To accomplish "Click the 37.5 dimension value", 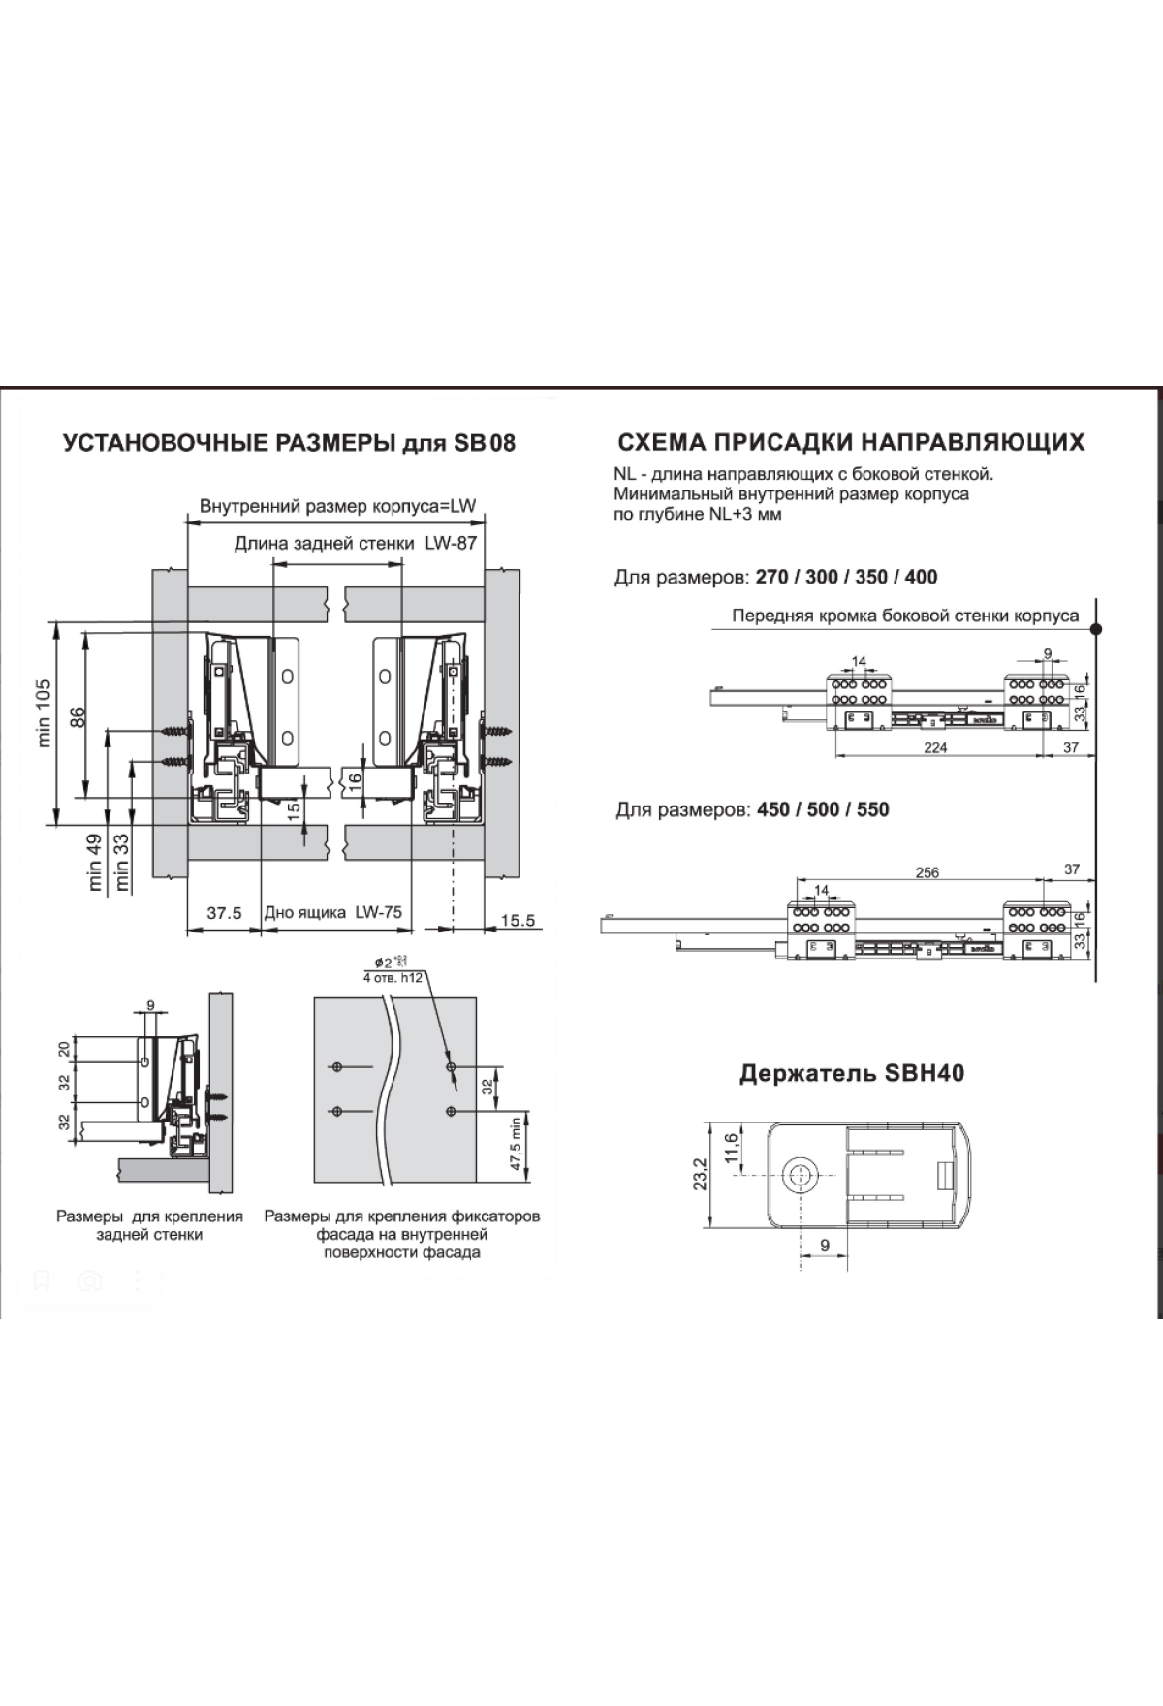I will (224, 912).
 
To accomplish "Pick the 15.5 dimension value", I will (518, 920).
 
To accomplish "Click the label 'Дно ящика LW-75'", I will (332, 912).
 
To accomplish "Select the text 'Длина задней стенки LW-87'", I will (355, 544).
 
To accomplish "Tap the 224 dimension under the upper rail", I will (935, 747).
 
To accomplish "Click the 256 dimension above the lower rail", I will (927, 872).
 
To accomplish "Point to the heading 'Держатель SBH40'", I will (851, 1073).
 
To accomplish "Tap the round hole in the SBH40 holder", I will (801, 1174).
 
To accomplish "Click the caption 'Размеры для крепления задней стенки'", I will (149, 1225).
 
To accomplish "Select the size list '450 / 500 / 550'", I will (819, 809).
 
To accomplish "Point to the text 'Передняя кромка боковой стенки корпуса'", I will (904, 616).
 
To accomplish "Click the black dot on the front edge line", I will (1096, 629).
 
